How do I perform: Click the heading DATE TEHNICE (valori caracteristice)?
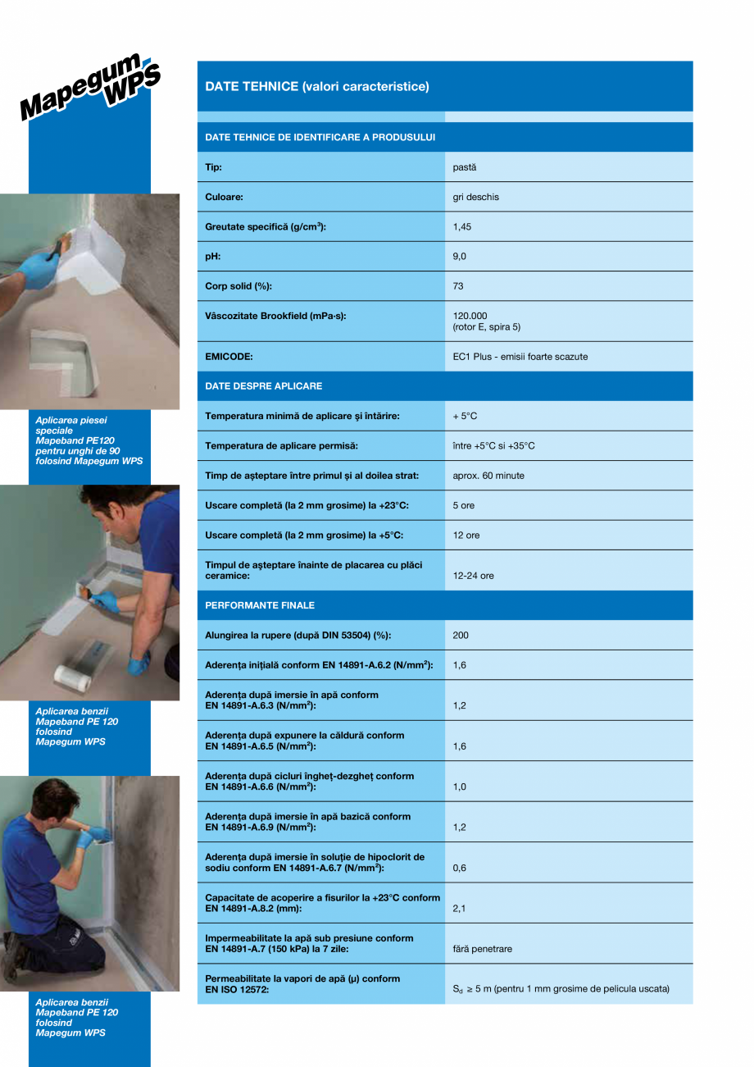[316, 86]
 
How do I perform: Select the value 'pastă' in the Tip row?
[464, 167]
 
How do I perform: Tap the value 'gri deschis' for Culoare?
[475, 197]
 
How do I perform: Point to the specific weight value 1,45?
[461, 227]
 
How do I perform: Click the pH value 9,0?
[459, 257]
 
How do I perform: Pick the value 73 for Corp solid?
[458, 286]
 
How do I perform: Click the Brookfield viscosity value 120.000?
[470, 316]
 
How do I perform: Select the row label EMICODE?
[229, 357]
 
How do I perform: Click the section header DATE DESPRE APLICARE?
[263, 385]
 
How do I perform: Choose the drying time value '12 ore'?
[466, 535]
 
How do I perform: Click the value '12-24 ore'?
[473, 576]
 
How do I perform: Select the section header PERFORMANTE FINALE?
[259, 605]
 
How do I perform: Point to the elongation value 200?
[461, 635]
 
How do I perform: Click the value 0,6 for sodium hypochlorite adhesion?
[459, 868]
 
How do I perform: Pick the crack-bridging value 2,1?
[459, 909]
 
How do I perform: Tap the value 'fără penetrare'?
[482, 949]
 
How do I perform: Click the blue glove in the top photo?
[39, 270]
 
